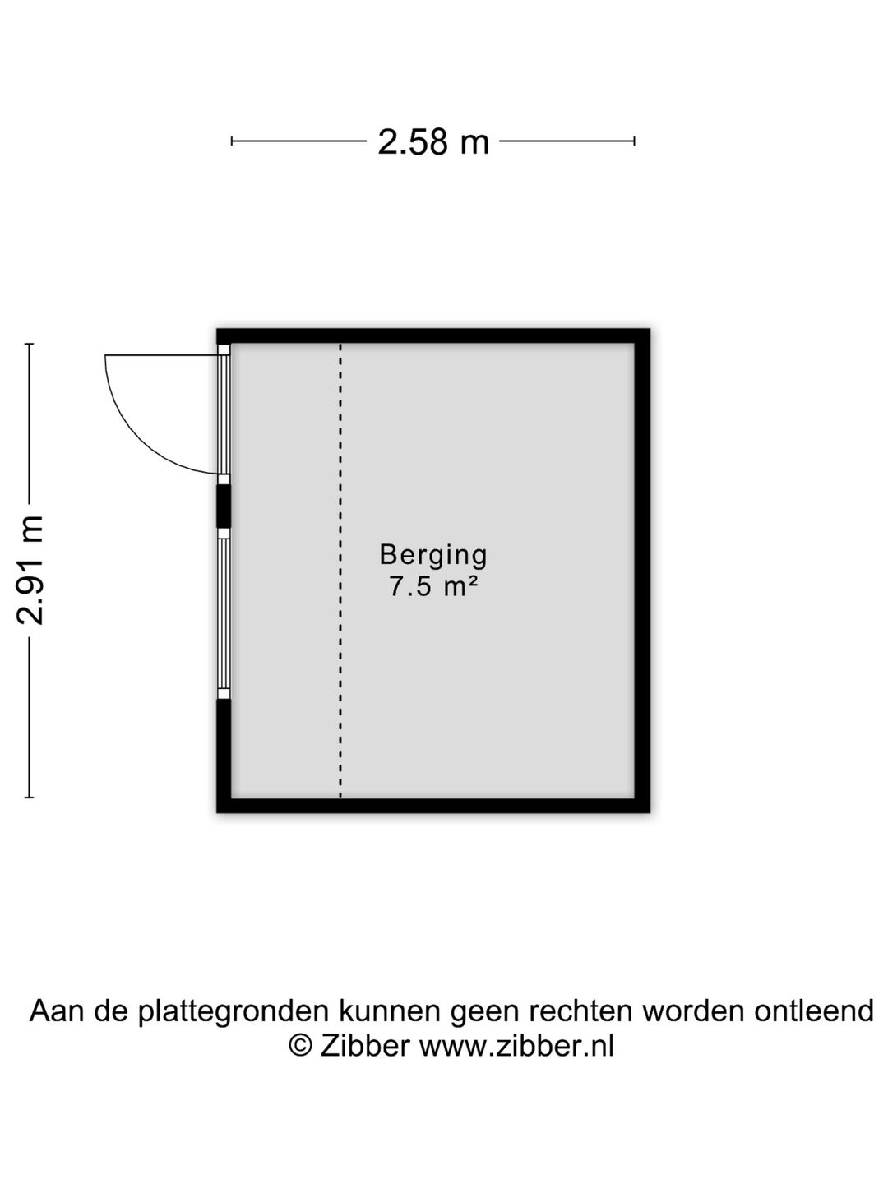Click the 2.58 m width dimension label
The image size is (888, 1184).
pyautogui.click(x=433, y=142)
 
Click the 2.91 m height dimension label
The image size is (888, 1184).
pyautogui.click(x=30, y=570)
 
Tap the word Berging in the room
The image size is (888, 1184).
pyautogui.click(x=433, y=555)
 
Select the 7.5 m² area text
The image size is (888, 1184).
pyautogui.click(x=433, y=586)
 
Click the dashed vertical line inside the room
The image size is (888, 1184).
pyautogui.click(x=340, y=570)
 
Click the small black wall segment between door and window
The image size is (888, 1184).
pyautogui.click(x=223, y=506)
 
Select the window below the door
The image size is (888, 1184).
pyautogui.click(x=224, y=614)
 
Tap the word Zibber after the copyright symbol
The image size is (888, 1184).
pyautogui.click(x=364, y=1046)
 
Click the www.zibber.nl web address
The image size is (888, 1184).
pyautogui.click(x=516, y=1046)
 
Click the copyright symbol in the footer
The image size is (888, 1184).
pyautogui.click(x=300, y=1046)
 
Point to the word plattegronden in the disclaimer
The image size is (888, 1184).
pyautogui.click(x=232, y=1011)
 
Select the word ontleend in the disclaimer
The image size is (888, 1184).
pyautogui.click(x=813, y=1011)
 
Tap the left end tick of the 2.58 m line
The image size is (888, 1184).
pyautogui.click(x=232, y=141)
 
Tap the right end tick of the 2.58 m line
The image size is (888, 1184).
pyautogui.click(x=635, y=141)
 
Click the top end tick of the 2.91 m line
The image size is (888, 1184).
pyautogui.click(x=30, y=344)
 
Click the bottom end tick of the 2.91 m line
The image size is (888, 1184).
pyautogui.click(x=30, y=798)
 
